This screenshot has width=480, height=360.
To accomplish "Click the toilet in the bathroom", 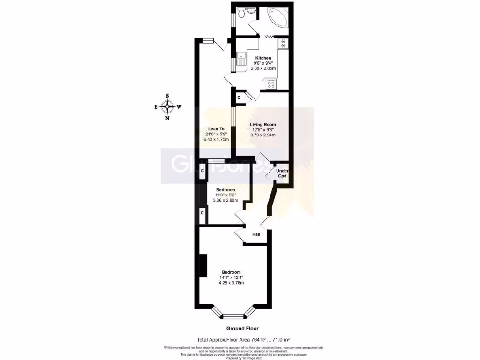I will pos(241,13).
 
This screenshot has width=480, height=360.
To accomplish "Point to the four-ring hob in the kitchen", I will pos(271,84).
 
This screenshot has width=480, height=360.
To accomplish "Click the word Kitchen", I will pos(263,58).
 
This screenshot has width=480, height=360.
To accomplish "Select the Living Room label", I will pos(262,124).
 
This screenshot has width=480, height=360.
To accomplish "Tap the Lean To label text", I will pos(216,128).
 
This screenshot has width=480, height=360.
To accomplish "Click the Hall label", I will pos(256,234).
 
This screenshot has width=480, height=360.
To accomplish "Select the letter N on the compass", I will pos(167,118).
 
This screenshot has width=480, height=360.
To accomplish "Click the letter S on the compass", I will pos(167,96).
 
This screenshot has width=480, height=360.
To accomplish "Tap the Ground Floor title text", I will pos(242,329).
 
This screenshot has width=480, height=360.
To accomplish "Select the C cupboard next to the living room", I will pos(239,97).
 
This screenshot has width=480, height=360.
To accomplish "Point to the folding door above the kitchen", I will pos(270,37).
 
